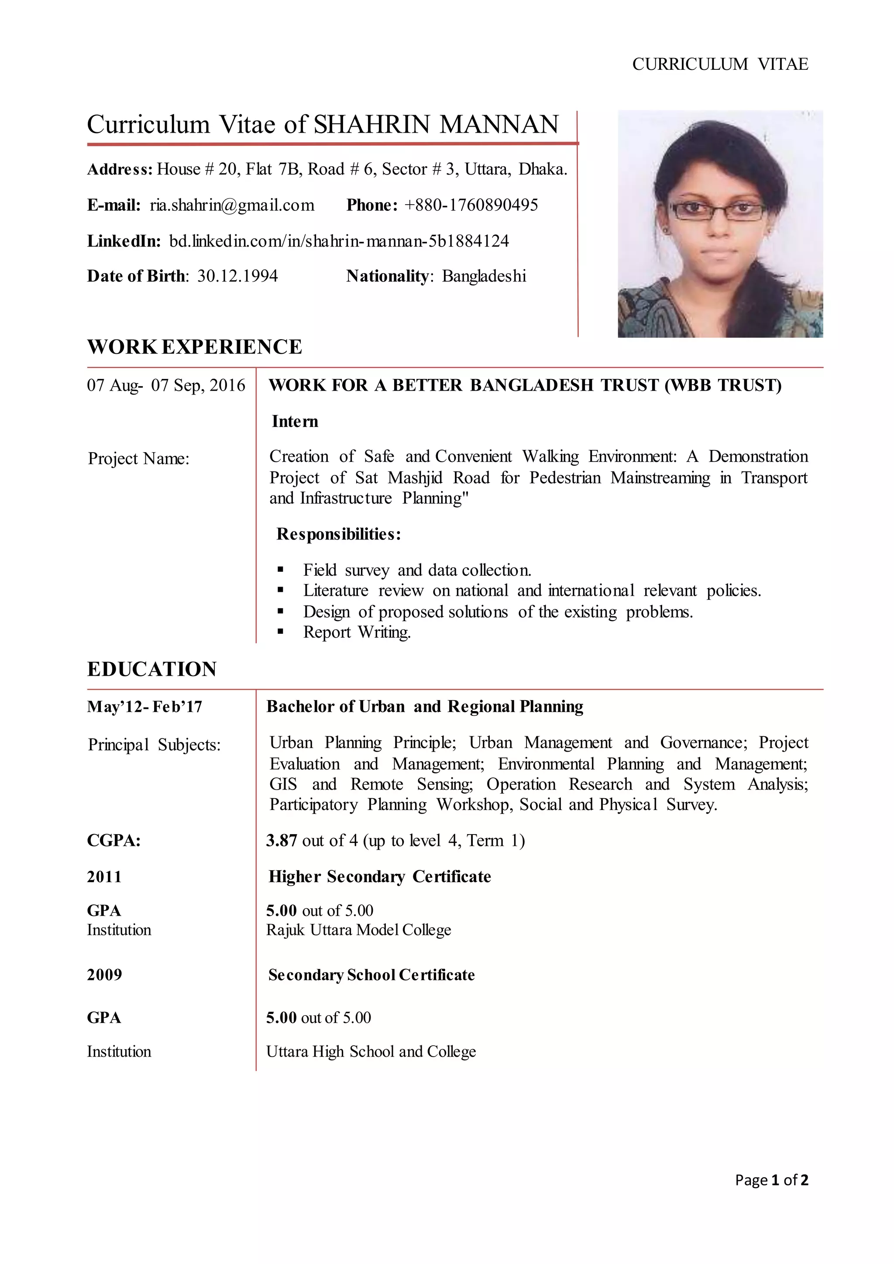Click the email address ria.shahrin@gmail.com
click(x=232, y=205)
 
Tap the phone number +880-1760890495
click(x=471, y=205)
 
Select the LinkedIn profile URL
click(x=339, y=241)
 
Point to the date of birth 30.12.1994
click(x=237, y=276)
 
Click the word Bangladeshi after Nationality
click(x=484, y=276)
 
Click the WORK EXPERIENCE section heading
click(x=194, y=347)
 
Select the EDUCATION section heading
click(x=152, y=669)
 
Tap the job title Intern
click(x=295, y=422)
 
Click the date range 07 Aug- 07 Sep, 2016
click(x=166, y=385)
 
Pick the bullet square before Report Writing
click(x=281, y=632)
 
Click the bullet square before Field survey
click(x=281, y=570)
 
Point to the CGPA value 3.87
click(x=281, y=841)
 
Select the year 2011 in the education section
click(x=104, y=876)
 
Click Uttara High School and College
click(x=371, y=1051)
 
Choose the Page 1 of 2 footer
click(x=771, y=1180)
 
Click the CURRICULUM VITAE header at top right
click(x=719, y=65)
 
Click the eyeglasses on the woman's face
click(x=717, y=210)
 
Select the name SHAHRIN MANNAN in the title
click(x=436, y=124)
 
